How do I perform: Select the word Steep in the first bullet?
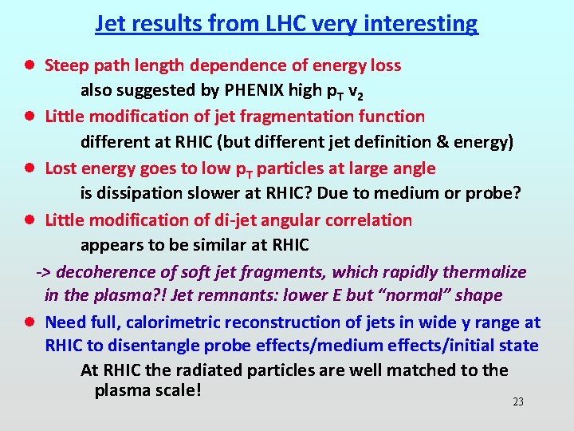[66, 65]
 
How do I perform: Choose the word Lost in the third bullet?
[62, 168]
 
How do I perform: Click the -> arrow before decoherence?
[45, 272]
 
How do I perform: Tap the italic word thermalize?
[487, 272]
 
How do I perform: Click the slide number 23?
[518, 401]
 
